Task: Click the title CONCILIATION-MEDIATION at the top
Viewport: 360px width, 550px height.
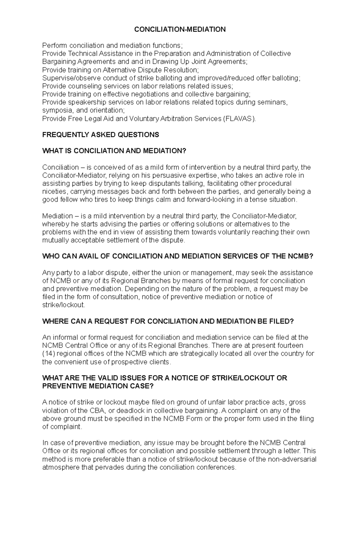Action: pyautogui.click(x=180, y=29)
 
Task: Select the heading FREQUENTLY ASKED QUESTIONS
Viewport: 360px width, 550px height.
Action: pyautogui.click(x=100, y=135)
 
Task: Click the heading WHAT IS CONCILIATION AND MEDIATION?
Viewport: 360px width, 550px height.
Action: pyautogui.click(x=114, y=151)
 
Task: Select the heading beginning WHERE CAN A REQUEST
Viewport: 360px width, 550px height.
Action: pyautogui.click(x=168, y=321)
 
